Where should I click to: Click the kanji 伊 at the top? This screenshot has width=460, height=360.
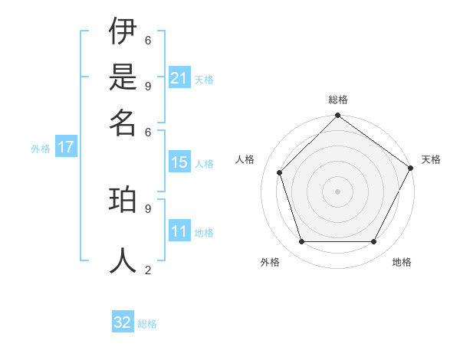tap(123, 33)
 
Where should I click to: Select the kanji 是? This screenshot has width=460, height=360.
tap(123, 77)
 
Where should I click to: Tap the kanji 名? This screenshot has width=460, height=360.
tap(123, 122)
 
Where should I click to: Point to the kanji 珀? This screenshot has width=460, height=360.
tap(123, 201)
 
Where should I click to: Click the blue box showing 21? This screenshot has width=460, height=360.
tap(179, 78)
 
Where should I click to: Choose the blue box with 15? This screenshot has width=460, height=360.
tap(179, 162)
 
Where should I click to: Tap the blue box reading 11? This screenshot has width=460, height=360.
tap(179, 232)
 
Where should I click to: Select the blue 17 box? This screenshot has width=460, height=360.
tap(66, 147)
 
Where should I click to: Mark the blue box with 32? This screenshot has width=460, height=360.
tap(123, 322)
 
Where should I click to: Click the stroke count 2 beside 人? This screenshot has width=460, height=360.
tap(148, 270)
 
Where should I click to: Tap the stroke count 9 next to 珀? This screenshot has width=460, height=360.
tap(148, 207)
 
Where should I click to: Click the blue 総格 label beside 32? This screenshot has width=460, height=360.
tap(147, 324)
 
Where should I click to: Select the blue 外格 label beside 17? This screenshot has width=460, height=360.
tap(40, 149)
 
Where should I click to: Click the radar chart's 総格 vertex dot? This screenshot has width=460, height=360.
tap(337, 116)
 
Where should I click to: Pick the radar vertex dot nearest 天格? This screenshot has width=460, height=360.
tap(410, 168)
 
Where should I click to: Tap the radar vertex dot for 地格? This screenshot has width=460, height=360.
tap(374, 242)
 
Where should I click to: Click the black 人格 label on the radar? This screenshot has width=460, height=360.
tap(245, 159)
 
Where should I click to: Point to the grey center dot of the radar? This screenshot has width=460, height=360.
tap(337, 191)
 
